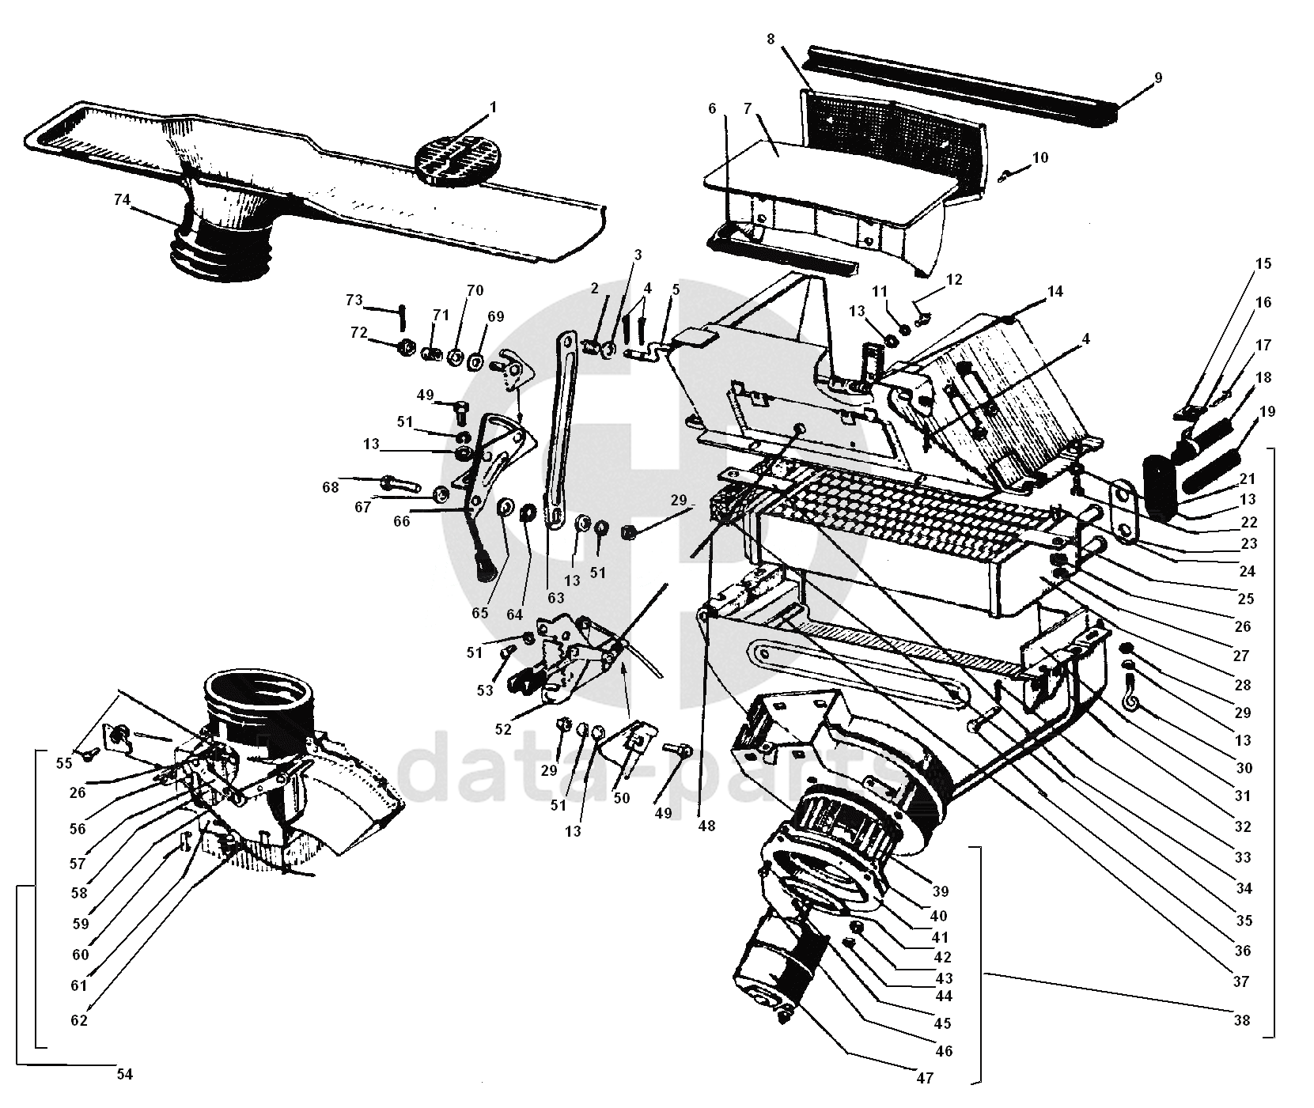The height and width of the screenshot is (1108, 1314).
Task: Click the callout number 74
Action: (122, 200)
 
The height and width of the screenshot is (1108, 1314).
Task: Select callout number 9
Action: (1158, 78)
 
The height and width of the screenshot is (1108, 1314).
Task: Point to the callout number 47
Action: (924, 1078)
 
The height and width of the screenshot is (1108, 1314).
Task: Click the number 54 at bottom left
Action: (124, 1074)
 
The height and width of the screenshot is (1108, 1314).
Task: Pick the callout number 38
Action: (1241, 1019)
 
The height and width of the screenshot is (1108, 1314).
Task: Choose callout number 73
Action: (354, 300)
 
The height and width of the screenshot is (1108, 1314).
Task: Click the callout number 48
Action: (706, 825)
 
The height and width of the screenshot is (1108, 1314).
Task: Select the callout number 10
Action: (1040, 158)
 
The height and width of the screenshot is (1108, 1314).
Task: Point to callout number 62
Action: (78, 1020)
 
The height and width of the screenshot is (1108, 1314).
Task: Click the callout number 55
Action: (64, 762)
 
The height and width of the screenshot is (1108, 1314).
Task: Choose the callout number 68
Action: (330, 487)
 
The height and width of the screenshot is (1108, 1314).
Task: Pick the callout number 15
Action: (1263, 263)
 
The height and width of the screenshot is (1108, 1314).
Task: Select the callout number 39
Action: (940, 891)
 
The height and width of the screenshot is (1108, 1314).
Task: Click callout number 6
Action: (712, 108)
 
